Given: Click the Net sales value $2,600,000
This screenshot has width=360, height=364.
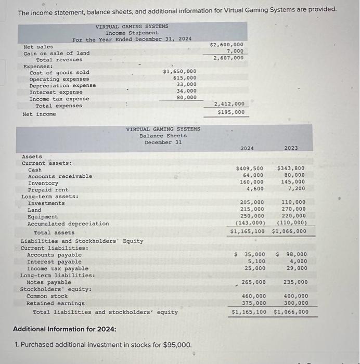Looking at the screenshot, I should point(226,45).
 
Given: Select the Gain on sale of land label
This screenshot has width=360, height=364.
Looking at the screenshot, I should point(57,53).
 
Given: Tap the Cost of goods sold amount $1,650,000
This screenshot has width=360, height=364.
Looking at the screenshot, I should point(179,71).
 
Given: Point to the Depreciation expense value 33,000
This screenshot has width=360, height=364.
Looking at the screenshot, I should point(186,84).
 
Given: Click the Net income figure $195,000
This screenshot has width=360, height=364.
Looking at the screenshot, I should point(230,112).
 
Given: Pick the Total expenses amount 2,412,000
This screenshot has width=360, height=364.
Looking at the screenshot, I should point(229,104).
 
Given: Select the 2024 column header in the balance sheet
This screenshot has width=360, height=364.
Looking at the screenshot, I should point(247,148).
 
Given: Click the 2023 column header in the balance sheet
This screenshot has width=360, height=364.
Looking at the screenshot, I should point(291,148).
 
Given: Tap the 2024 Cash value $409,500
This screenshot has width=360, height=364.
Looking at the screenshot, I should point(250,168).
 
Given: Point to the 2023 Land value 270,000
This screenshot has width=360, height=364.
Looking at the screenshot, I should point(293,209).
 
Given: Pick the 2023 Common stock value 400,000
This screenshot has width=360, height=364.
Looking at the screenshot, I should point(294,296).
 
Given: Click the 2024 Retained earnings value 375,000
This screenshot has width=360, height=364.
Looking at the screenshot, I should point(254,303).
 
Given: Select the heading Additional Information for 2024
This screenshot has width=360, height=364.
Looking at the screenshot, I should point(65,329).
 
